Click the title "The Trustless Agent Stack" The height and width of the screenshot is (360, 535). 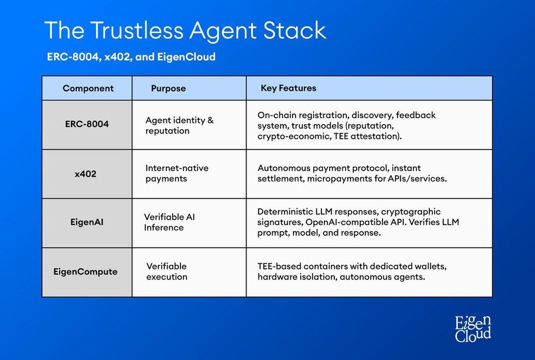tap(186, 31)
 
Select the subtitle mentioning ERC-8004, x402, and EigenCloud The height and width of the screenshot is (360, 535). tap(131, 56)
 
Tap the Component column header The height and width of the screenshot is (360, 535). tap(88, 88)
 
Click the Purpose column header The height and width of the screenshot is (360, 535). tap(168, 88)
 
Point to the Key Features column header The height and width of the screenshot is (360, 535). tap(288, 88)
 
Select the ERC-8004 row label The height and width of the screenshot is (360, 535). tap(87, 124)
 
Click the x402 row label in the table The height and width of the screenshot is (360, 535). tap(86, 174)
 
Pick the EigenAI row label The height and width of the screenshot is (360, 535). tap(87, 222)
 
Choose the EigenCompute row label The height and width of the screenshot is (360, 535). tap(86, 272)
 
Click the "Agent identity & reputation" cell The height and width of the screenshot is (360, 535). tap(179, 125)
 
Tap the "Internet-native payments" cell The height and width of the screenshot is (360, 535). tap(177, 173)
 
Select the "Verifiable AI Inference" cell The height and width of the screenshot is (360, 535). tap(169, 222)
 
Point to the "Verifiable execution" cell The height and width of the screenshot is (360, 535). tap(167, 271)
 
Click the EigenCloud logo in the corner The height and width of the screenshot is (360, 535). tap(473, 328)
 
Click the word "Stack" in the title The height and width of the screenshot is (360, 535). tap(295, 31)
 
